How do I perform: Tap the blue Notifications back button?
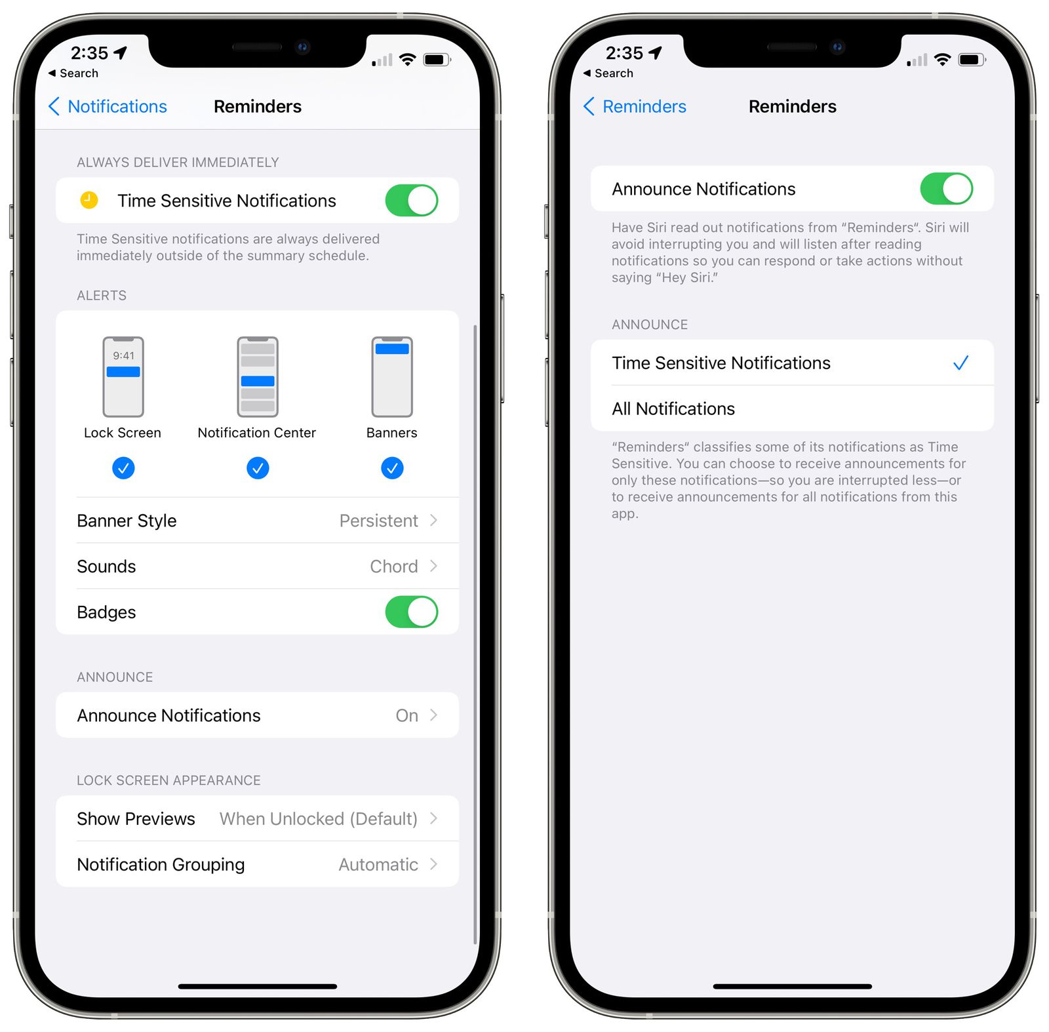click(x=108, y=106)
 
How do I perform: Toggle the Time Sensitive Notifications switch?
click(x=411, y=201)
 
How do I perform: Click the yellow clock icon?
click(x=89, y=200)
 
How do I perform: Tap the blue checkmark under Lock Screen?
click(x=123, y=468)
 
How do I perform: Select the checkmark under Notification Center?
click(x=258, y=468)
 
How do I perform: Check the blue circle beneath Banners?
click(x=392, y=468)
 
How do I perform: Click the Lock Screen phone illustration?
click(x=123, y=377)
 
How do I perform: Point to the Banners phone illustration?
click(x=392, y=377)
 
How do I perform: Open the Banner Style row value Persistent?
click(x=378, y=521)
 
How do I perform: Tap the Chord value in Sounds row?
click(x=393, y=566)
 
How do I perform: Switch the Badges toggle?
click(x=411, y=612)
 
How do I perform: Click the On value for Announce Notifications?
click(x=406, y=715)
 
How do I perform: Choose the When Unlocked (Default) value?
click(x=319, y=819)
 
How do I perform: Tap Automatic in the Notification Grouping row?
click(x=378, y=865)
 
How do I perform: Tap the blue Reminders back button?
click(x=635, y=106)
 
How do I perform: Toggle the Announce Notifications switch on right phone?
click(x=946, y=189)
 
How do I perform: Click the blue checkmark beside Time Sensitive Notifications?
click(x=960, y=363)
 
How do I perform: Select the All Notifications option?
click(x=673, y=409)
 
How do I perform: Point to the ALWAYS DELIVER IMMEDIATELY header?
click(x=178, y=163)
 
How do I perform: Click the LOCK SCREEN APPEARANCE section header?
click(x=168, y=780)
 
